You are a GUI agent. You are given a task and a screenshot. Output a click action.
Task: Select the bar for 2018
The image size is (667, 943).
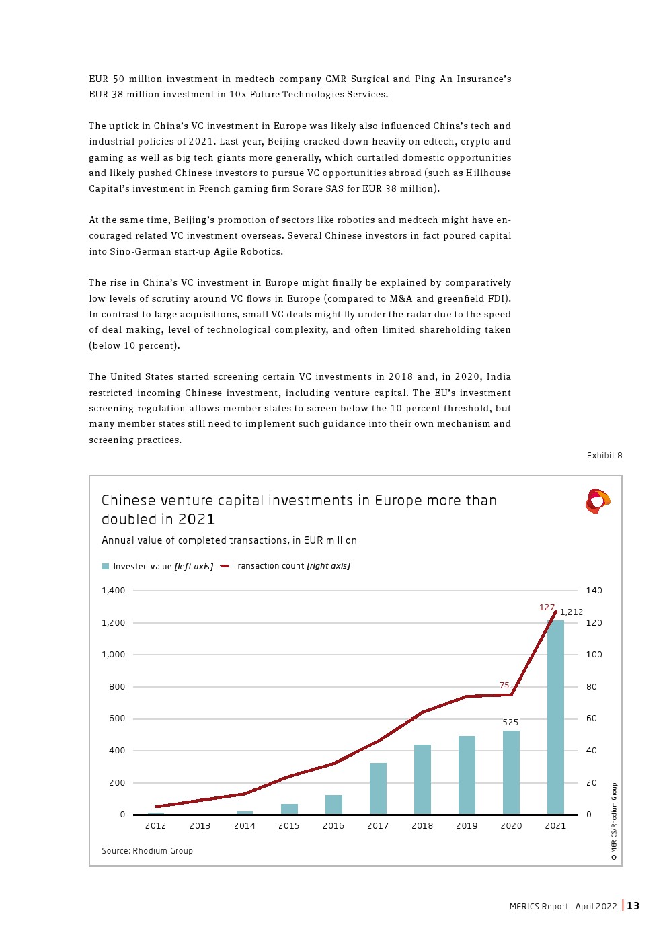(422, 779)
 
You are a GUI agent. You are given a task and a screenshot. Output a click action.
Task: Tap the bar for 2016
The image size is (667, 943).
(333, 805)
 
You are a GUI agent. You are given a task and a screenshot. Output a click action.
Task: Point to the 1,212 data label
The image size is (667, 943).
(571, 612)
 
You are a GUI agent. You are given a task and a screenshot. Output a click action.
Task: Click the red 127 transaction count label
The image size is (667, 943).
(547, 608)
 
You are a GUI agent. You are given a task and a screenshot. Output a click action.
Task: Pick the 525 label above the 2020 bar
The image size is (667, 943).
(510, 723)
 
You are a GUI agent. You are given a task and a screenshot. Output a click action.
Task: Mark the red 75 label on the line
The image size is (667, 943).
(504, 686)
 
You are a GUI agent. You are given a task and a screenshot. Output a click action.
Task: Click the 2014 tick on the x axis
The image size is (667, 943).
(245, 826)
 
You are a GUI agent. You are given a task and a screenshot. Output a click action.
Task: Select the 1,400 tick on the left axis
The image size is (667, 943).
(114, 591)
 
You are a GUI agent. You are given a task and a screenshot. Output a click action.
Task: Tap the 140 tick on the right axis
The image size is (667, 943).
(594, 591)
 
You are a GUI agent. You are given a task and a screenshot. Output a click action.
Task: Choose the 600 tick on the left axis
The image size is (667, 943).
(117, 719)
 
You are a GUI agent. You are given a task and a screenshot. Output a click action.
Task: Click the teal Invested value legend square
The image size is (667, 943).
(106, 567)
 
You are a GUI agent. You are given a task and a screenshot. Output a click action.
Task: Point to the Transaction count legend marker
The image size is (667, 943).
(225, 566)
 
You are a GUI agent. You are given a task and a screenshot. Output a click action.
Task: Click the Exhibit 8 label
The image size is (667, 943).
(604, 456)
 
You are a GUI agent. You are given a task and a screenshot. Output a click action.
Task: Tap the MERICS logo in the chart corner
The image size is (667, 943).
(597, 501)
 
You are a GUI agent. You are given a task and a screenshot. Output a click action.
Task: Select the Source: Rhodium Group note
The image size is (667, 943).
(147, 851)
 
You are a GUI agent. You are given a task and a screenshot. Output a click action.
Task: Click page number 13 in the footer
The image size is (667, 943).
(633, 906)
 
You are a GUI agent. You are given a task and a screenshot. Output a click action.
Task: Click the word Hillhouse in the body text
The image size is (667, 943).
(488, 173)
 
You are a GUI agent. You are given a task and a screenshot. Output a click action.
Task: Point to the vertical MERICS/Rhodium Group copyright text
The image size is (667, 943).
(614, 821)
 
